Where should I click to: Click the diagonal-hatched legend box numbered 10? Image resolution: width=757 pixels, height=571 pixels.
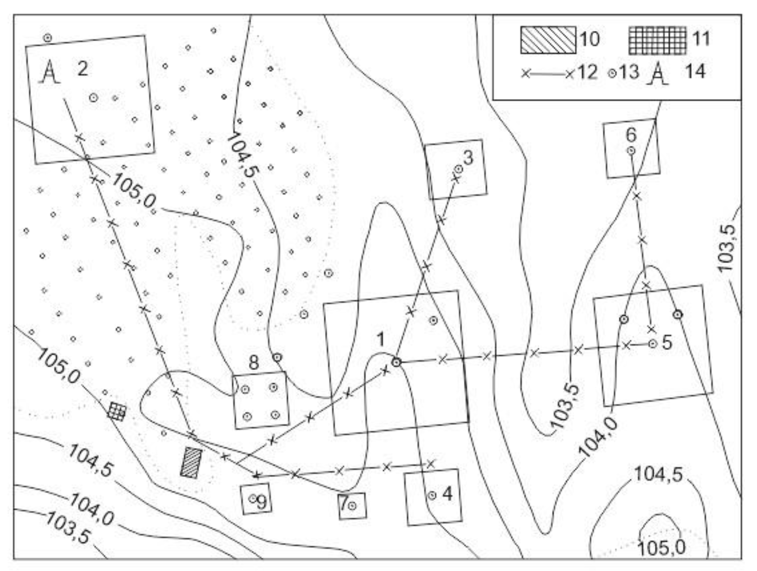pyautogui.click(x=548, y=40)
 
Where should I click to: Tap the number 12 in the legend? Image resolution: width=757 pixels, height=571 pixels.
pyautogui.click(x=588, y=72)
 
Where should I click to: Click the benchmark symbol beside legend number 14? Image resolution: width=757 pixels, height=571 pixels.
pyautogui.click(x=657, y=73)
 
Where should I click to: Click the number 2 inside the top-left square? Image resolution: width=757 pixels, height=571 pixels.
pyautogui.click(x=83, y=69)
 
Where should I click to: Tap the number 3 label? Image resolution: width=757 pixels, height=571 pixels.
pyautogui.click(x=468, y=158)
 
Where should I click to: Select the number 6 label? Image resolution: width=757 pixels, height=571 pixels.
pyautogui.click(x=631, y=134)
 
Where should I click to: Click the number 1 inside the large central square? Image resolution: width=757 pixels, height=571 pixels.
pyautogui.click(x=381, y=339)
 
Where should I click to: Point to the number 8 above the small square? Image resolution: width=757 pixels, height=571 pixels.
pyautogui.click(x=254, y=363)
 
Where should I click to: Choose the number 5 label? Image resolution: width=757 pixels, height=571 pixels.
pyautogui.click(x=667, y=342)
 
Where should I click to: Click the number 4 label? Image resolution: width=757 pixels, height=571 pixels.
pyautogui.click(x=448, y=494)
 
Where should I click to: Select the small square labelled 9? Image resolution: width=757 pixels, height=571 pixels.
pyautogui.click(x=256, y=499)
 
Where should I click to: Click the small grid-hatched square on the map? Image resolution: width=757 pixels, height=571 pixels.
pyautogui.click(x=117, y=411)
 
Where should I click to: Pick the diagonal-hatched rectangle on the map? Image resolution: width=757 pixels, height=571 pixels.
pyautogui.click(x=191, y=463)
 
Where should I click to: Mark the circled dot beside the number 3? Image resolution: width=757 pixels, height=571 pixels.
pyautogui.click(x=458, y=169)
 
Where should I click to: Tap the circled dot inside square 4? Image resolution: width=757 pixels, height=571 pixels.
pyautogui.click(x=432, y=495)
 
